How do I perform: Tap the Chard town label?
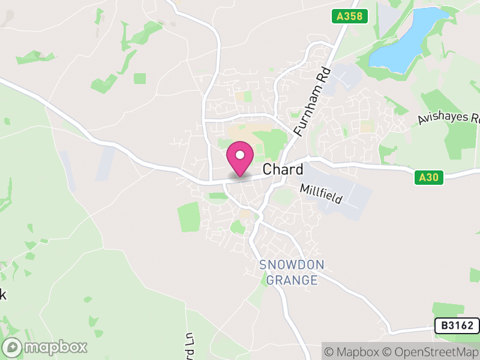click(283, 170)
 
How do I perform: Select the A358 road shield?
click(349, 17)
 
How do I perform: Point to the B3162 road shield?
click(457, 326)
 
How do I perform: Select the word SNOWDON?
click(292, 265)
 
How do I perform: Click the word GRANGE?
click(292, 280)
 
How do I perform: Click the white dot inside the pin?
click(240, 155)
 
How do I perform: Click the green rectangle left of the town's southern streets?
click(189, 217)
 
